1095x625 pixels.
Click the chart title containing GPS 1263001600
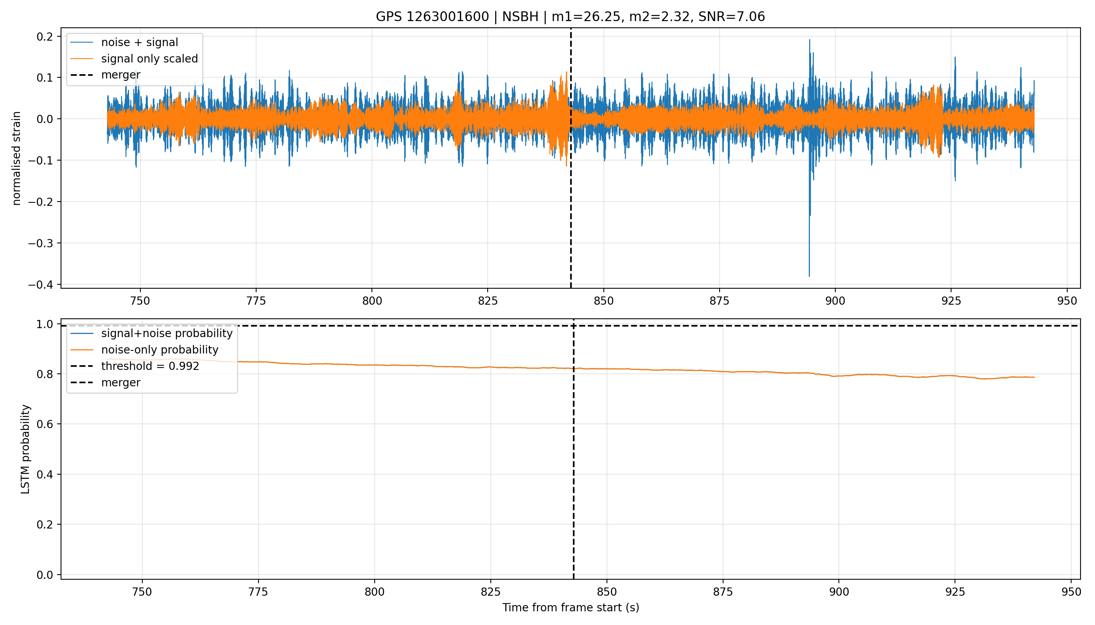pos(570,17)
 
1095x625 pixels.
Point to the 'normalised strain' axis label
pos(16,158)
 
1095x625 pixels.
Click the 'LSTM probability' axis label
pos(25,449)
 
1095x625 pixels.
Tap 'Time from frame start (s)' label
pos(571,607)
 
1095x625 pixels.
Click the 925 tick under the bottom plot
pos(955,592)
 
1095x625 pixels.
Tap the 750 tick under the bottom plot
pos(142,592)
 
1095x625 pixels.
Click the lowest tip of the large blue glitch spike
pos(809,277)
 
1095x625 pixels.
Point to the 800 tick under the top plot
pos(372,301)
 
